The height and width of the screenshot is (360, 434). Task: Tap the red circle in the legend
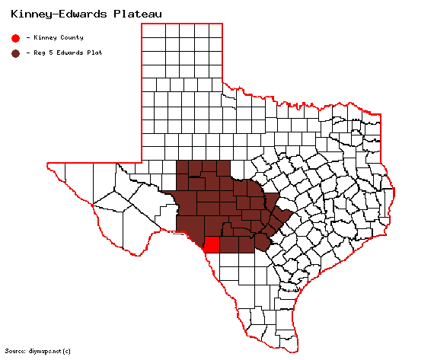[x=15, y=37]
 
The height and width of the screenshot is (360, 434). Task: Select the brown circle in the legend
[x=15, y=53]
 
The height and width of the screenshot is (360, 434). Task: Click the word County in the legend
[x=69, y=37]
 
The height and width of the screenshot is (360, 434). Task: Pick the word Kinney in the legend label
[x=43, y=37]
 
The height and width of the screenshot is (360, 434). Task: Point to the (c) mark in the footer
[x=67, y=351]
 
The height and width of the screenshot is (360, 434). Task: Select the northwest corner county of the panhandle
[x=151, y=31]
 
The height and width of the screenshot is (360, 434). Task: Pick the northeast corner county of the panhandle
[x=215, y=31]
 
